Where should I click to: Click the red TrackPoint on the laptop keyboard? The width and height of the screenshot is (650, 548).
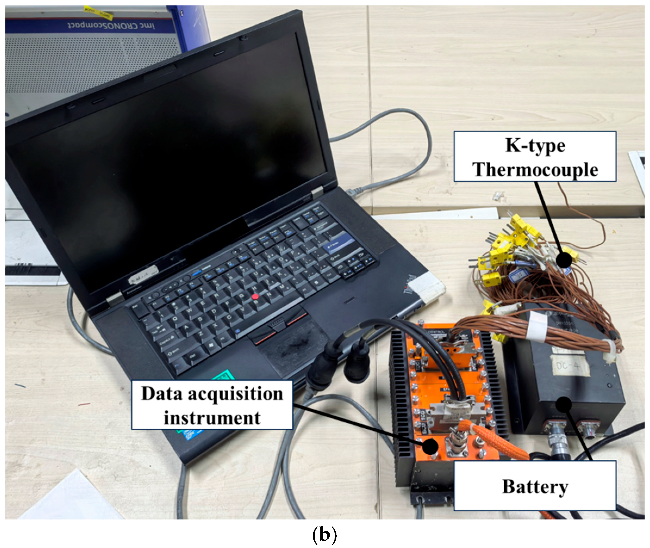255,297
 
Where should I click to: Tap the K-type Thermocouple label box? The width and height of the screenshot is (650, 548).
535,157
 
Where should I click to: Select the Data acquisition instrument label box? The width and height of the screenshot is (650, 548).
212,405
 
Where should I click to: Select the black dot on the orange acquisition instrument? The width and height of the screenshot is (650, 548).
430,446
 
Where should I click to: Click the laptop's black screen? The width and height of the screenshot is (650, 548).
168,162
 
